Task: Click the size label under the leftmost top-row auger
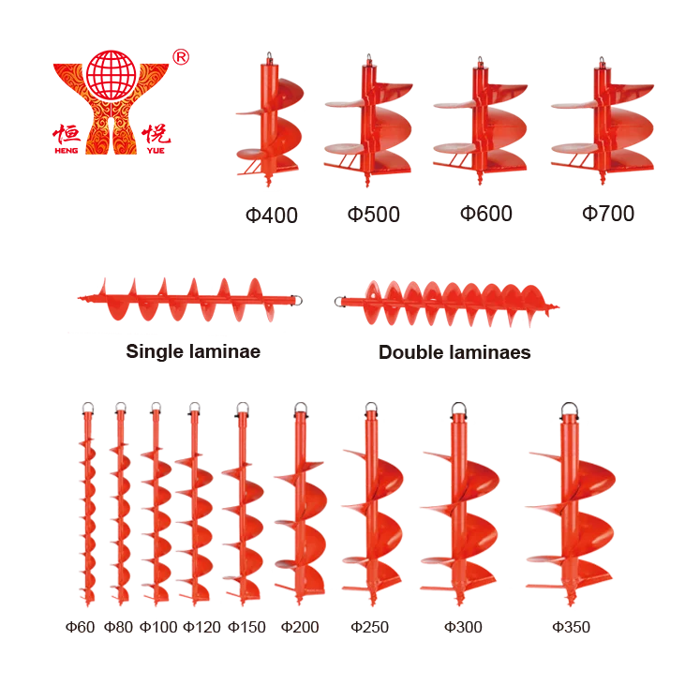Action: pyautogui.click(x=270, y=216)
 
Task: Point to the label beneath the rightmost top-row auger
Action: pyautogui.click(x=605, y=216)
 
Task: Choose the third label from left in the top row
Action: pyautogui.click(x=487, y=216)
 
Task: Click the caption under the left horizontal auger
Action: pyautogui.click(x=190, y=352)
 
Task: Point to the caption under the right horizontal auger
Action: pyautogui.click(x=454, y=352)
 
